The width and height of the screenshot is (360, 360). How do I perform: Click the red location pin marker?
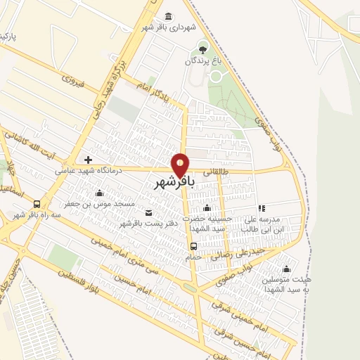181,165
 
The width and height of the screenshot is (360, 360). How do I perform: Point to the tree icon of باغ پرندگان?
203,49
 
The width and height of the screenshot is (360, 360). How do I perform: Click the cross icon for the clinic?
88,160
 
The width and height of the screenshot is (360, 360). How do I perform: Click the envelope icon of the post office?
148,212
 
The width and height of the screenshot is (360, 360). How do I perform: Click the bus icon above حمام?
193,245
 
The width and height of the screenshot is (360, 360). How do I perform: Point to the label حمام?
193,256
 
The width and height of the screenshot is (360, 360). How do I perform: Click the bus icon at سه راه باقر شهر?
37,204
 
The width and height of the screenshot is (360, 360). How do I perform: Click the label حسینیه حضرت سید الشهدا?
207,224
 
